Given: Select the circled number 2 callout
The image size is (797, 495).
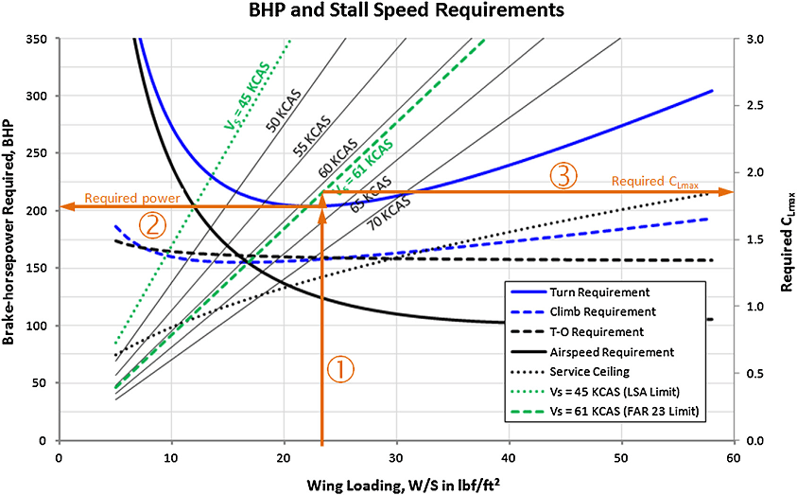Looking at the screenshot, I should (152, 225).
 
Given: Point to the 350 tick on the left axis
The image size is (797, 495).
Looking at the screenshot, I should (37, 39).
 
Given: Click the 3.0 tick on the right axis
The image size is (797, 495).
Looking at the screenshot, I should (744, 39).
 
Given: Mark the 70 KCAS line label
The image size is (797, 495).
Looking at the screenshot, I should (389, 212).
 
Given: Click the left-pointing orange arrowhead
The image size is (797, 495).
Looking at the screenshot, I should (67, 207).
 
